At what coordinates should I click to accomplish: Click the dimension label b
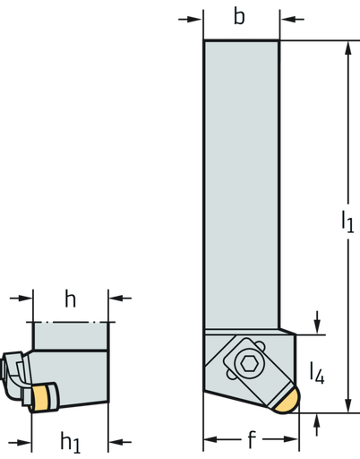239,17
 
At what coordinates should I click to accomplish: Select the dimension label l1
347,221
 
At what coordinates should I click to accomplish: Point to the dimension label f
252,439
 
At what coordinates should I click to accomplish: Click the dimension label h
71,299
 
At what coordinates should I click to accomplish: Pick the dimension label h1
71,442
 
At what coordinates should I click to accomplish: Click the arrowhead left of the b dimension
194,20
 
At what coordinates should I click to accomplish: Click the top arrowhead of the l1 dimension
347,48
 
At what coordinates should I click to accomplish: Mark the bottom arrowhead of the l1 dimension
347,405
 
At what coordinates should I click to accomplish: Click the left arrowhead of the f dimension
210,439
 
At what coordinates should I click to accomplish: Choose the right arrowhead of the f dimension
291,439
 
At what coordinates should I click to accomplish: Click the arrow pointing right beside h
25,299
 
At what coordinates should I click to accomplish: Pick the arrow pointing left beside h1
116,442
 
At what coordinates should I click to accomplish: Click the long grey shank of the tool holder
242,185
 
